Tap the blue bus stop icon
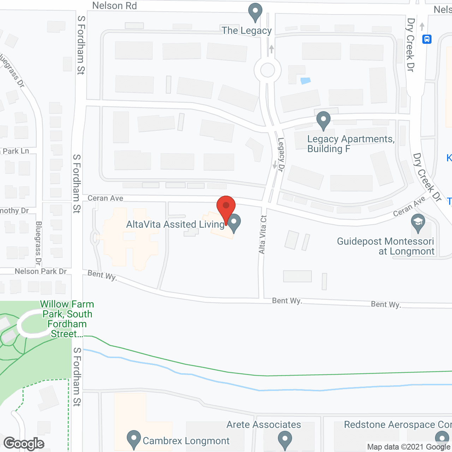click(x=427, y=39)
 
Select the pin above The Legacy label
click(x=255, y=12)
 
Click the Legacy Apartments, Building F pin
click(x=323, y=120)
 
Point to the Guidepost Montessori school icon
click(x=418, y=223)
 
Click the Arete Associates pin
click(x=285, y=440)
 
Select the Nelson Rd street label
click(x=114, y=6)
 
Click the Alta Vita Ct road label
click(x=262, y=234)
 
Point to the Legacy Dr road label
click(x=281, y=154)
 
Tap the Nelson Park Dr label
click(x=41, y=271)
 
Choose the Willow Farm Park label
click(x=67, y=319)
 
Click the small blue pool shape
click(x=305, y=81)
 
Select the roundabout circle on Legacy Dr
click(x=267, y=70)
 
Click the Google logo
click(x=24, y=444)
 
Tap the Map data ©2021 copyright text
click(x=408, y=447)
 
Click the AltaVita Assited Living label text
click(x=175, y=224)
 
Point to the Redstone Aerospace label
click(x=397, y=424)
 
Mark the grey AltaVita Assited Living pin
click(x=234, y=223)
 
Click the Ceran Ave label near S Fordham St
click(x=105, y=198)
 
